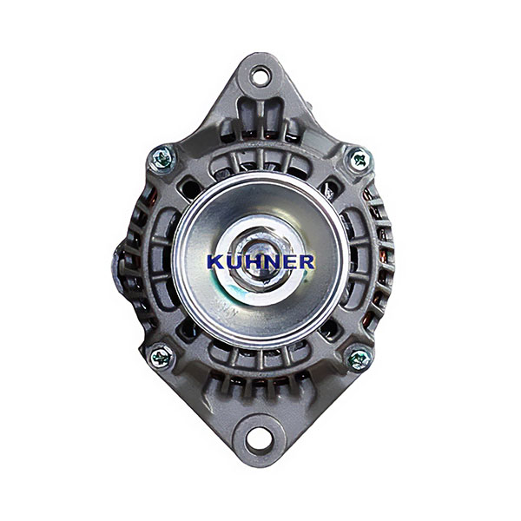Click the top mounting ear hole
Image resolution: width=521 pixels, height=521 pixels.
coord(260,76)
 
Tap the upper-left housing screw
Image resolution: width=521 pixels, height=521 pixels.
coord(162,158)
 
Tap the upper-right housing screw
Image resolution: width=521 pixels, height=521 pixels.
coord(359,159)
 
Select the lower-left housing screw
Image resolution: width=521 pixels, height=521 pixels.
coord(162,357)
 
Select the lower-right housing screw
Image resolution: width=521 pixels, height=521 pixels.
coord(359,359)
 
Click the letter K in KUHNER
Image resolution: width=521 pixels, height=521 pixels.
coord(215,262)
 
